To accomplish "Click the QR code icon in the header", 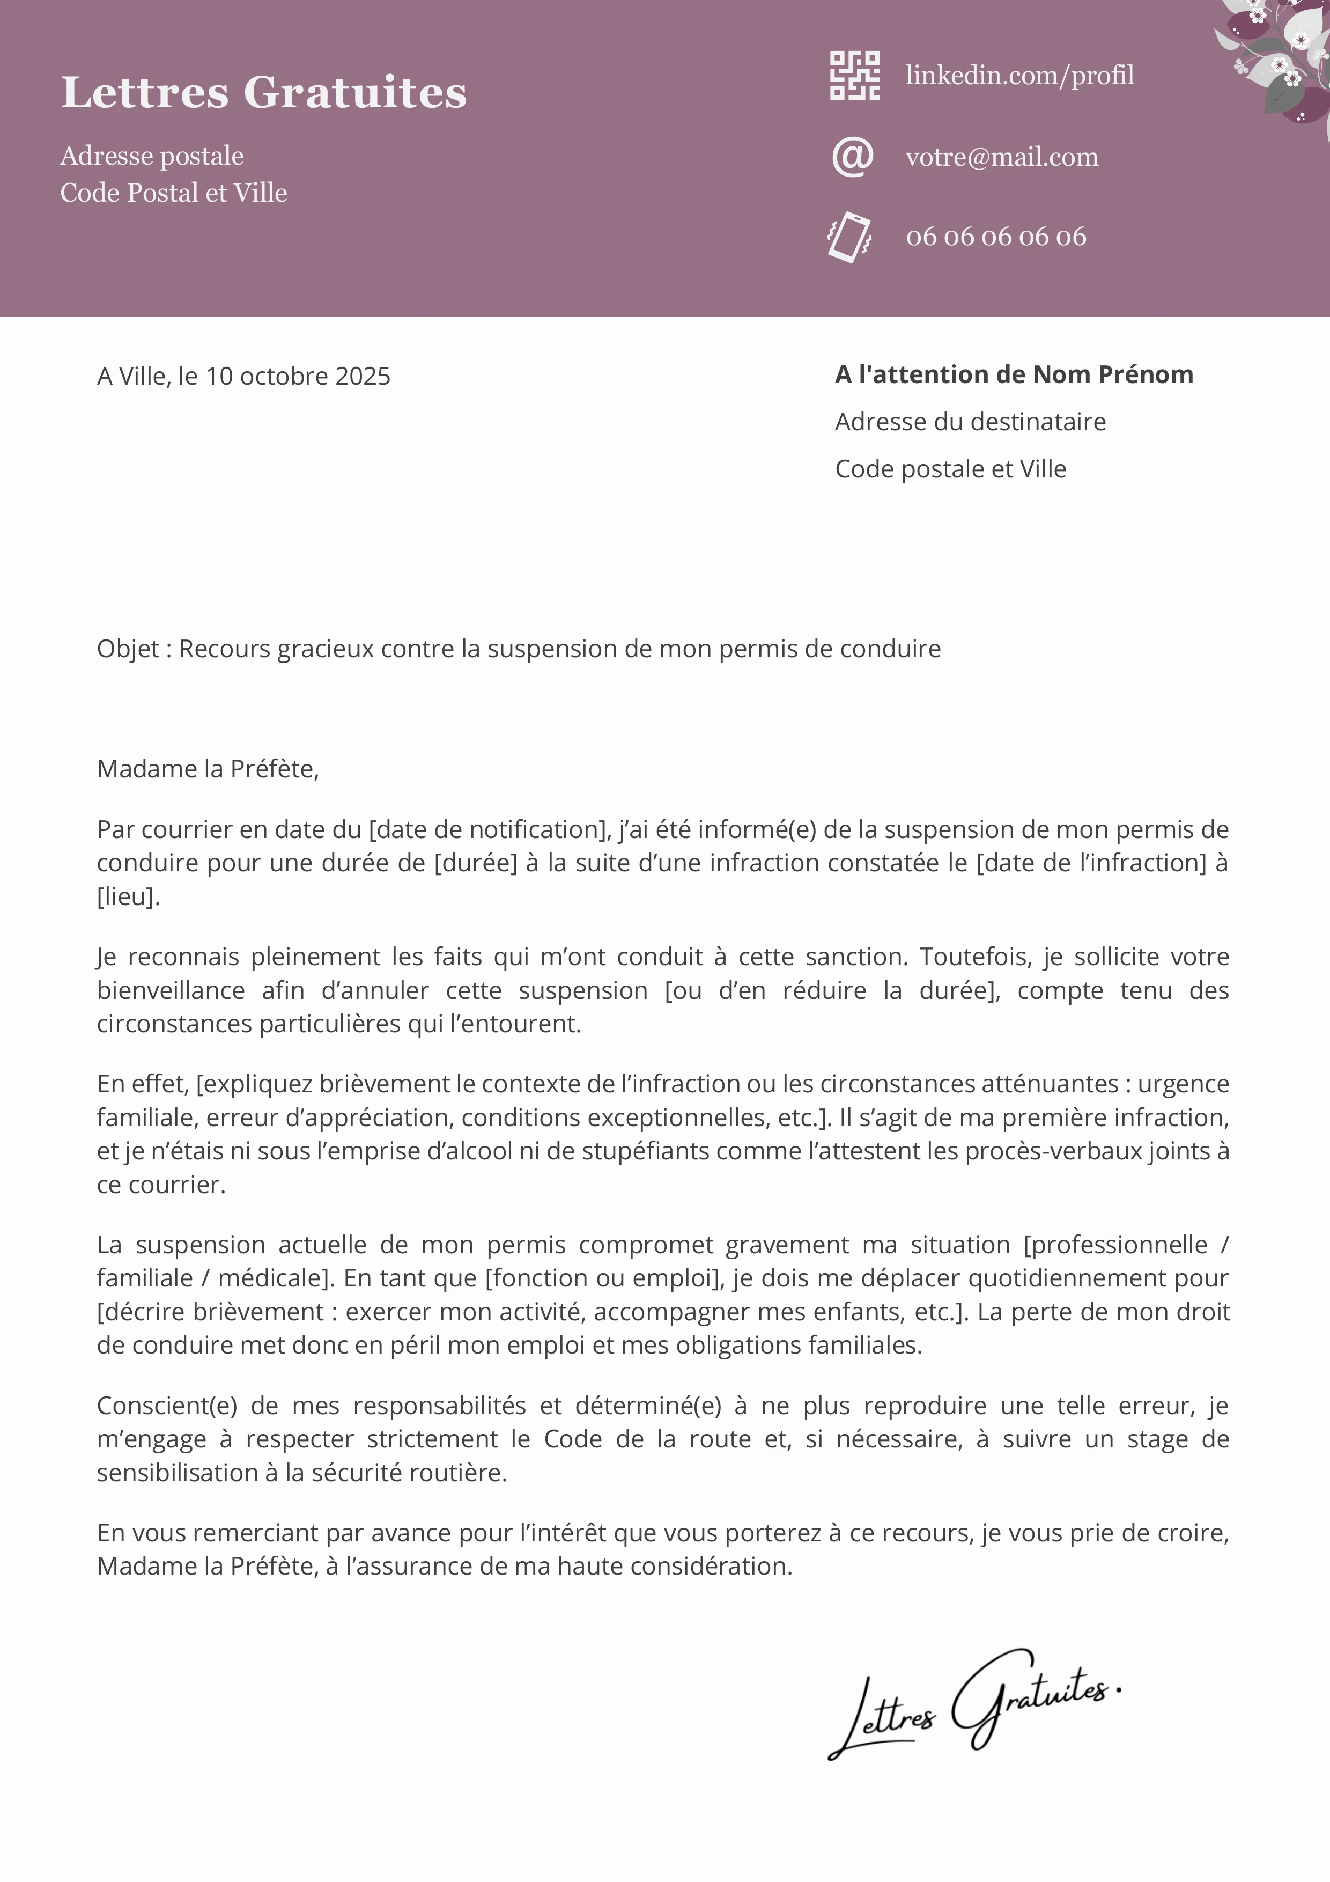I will click(855, 76).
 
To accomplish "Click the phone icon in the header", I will click(849, 237).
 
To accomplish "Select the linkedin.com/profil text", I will click(1019, 76).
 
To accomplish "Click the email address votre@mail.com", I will click(1001, 157).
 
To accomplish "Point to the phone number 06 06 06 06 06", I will click(996, 237).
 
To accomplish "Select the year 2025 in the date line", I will click(363, 376).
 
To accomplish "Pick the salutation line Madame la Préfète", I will click(208, 769).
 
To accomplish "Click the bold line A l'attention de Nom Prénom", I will click(1014, 374).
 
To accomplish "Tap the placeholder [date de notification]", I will click(489, 829).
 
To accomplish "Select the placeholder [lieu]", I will click(128, 896).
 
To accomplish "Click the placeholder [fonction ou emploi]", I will click(602, 1278).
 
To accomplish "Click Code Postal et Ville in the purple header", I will click(174, 193).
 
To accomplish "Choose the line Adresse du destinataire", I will click(970, 422).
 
